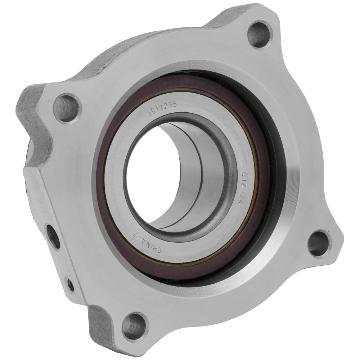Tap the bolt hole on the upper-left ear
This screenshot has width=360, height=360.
click(x=66, y=107)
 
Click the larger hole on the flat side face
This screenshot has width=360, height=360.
click(x=54, y=235)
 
